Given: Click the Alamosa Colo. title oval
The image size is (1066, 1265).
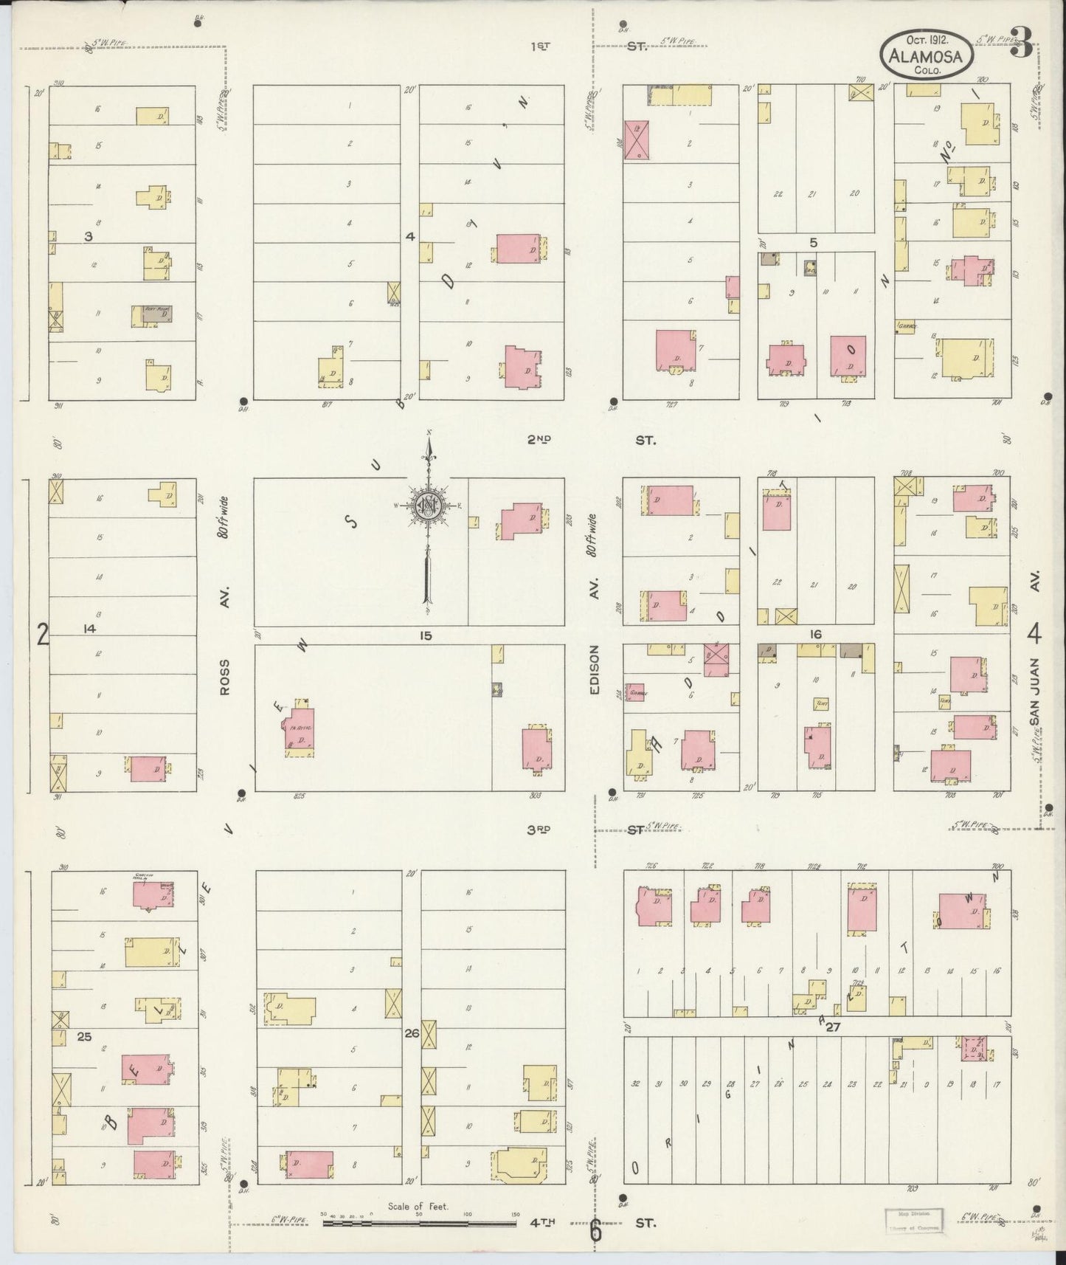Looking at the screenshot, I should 927,55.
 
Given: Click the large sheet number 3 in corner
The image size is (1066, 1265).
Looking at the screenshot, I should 1021,42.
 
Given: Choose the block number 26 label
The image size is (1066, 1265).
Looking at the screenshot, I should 412,1034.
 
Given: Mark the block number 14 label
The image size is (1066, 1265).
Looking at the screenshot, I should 90,629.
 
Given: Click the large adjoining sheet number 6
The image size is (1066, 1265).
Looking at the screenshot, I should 595,1230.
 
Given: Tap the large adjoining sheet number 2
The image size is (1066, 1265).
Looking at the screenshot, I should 43,634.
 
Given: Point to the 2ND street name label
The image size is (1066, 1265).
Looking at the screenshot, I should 539,440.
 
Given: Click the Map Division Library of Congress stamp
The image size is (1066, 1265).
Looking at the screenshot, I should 914,1220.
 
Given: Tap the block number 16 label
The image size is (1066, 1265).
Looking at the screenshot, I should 815,634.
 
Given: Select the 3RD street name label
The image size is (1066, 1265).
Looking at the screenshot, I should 539,830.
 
